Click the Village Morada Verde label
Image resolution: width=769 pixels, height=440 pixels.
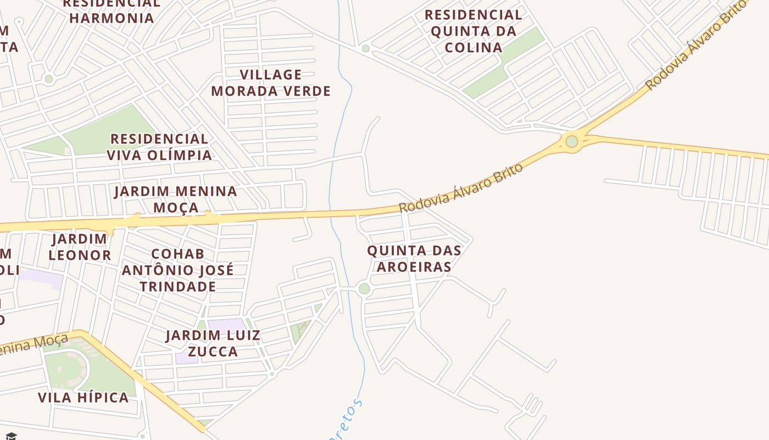(x=271, y=82)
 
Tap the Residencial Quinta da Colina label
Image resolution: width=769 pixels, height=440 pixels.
(x=473, y=31)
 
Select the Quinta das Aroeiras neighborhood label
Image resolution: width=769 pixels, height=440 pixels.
(x=414, y=258)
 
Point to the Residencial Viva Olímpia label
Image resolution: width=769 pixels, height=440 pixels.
(x=159, y=147)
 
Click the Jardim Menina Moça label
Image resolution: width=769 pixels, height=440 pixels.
(x=176, y=199)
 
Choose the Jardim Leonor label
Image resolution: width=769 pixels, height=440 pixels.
(x=80, y=247)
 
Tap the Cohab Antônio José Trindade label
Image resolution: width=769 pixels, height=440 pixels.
(x=177, y=270)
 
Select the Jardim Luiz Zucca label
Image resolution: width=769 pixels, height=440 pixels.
(x=213, y=343)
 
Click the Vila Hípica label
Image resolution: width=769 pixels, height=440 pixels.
(x=83, y=397)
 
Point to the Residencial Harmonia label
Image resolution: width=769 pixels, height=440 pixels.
(x=112, y=11)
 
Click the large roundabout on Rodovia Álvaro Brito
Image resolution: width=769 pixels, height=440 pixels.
(x=572, y=141)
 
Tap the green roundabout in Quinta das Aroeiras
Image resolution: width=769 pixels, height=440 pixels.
(x=364, y=289)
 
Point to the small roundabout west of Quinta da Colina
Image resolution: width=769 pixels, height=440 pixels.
(x=366, y=49)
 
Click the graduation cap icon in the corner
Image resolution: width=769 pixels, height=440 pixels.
(x=10, y=436)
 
